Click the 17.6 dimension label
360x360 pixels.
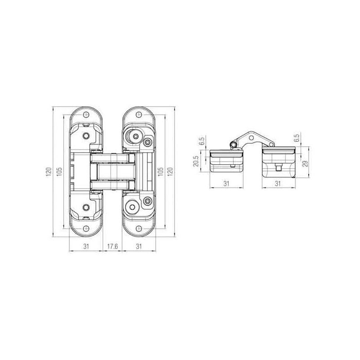pyautogui.click(x=112, y=246)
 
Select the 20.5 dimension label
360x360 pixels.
pyautogui.click(x=196, y=161)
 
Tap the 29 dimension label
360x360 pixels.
pyautogui.click(x=305, y=164)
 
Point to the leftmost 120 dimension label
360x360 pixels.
pyautogui.click(x=49, y=172)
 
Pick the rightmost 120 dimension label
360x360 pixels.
pyautogui.click(x=170, y=172)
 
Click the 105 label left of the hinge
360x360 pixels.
pyautogui.click(x=59, y=172)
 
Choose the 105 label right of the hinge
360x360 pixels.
pyautogui.click(x=161, y=172)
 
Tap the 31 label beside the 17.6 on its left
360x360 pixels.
pyautogui.click(x=86, y=246)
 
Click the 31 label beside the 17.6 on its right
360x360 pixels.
pyautogui.click(x=139, y=246)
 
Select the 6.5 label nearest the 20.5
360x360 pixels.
pyautogui.click(x=202, y=141)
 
